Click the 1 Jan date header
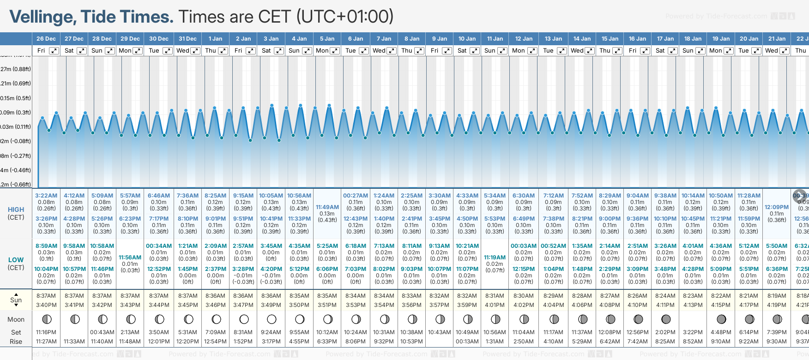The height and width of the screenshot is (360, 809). pos(215,39)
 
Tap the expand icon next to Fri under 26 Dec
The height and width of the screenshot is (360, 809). pos(54,51)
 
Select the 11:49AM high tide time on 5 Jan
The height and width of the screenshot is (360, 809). pos(327,207)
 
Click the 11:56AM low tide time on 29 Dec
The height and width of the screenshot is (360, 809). pos(130,258)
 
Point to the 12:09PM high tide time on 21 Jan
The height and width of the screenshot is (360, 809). pos(777,207)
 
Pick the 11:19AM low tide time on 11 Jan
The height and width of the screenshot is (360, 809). pos(495,258)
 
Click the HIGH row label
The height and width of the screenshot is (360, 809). pos(16,210)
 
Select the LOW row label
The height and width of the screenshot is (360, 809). pos(16,260)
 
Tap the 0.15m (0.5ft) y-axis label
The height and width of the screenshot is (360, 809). pos(15,98)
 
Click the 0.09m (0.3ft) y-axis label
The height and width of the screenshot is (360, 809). pos(15,113)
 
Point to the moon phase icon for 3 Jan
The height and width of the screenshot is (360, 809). pos(272,319)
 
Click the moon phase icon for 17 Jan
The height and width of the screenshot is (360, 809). pos(666,319)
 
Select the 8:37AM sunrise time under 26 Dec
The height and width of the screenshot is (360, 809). pos(46,296)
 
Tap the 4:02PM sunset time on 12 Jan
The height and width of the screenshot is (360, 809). pos(524,305)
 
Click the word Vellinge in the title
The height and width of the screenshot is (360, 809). pos(43,17)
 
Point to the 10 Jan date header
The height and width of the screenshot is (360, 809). pos(467,39)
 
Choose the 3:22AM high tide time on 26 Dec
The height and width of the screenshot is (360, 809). pos(46,196)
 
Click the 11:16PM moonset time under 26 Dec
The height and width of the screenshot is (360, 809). pos(46,332)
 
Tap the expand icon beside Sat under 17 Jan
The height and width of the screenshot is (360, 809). pos(673,51)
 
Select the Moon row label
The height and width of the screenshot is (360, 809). pos(16,319)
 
